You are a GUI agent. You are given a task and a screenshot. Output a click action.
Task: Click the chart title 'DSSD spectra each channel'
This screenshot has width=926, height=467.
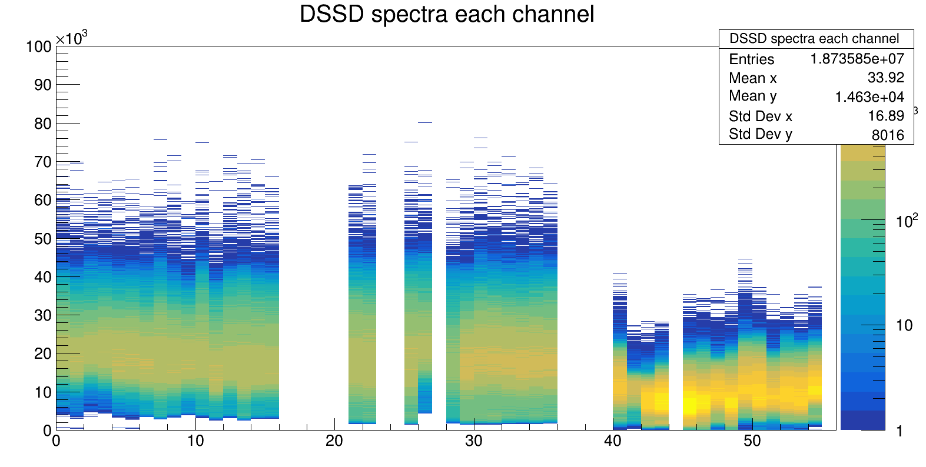point(447,14)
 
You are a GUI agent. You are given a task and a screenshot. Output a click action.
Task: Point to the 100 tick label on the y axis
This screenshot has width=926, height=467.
point(39,46)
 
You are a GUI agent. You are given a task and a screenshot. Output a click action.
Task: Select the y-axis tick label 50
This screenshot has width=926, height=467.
point(43,239)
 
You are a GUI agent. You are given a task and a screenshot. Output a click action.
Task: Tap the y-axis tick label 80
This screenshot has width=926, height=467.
point(43,124)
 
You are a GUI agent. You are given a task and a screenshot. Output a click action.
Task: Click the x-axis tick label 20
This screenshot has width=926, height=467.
point(334,441)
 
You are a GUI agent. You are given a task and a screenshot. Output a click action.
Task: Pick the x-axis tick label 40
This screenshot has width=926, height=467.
point(613,441)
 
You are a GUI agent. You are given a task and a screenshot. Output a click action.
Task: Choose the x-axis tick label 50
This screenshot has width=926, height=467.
point(752,441)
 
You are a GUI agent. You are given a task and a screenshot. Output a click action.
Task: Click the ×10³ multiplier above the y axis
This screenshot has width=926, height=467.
point(71,39)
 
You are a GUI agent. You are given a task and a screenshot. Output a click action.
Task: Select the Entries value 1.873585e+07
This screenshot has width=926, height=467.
point(857,59)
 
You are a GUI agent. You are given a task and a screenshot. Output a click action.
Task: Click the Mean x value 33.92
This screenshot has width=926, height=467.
point(885,78)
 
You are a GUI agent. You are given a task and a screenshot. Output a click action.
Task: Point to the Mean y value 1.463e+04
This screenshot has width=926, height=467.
point(869,97)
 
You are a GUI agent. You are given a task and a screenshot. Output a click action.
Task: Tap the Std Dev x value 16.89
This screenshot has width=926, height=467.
point(885,116)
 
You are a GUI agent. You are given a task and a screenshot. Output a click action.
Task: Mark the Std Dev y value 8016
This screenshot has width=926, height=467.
point(887,135)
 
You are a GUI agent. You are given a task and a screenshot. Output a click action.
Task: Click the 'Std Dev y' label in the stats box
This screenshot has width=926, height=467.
point(760,134)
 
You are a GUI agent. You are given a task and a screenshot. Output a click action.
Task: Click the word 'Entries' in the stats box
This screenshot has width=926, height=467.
point(751,59)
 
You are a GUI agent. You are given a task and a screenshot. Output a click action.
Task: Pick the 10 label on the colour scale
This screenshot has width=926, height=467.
point(904,325)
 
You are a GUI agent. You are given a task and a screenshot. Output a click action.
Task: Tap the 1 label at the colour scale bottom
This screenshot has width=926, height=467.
point(900,431)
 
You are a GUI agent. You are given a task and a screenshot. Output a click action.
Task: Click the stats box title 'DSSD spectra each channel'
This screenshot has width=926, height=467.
point(814,39)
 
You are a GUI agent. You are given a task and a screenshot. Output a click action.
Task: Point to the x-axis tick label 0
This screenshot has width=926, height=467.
point(56,441)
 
